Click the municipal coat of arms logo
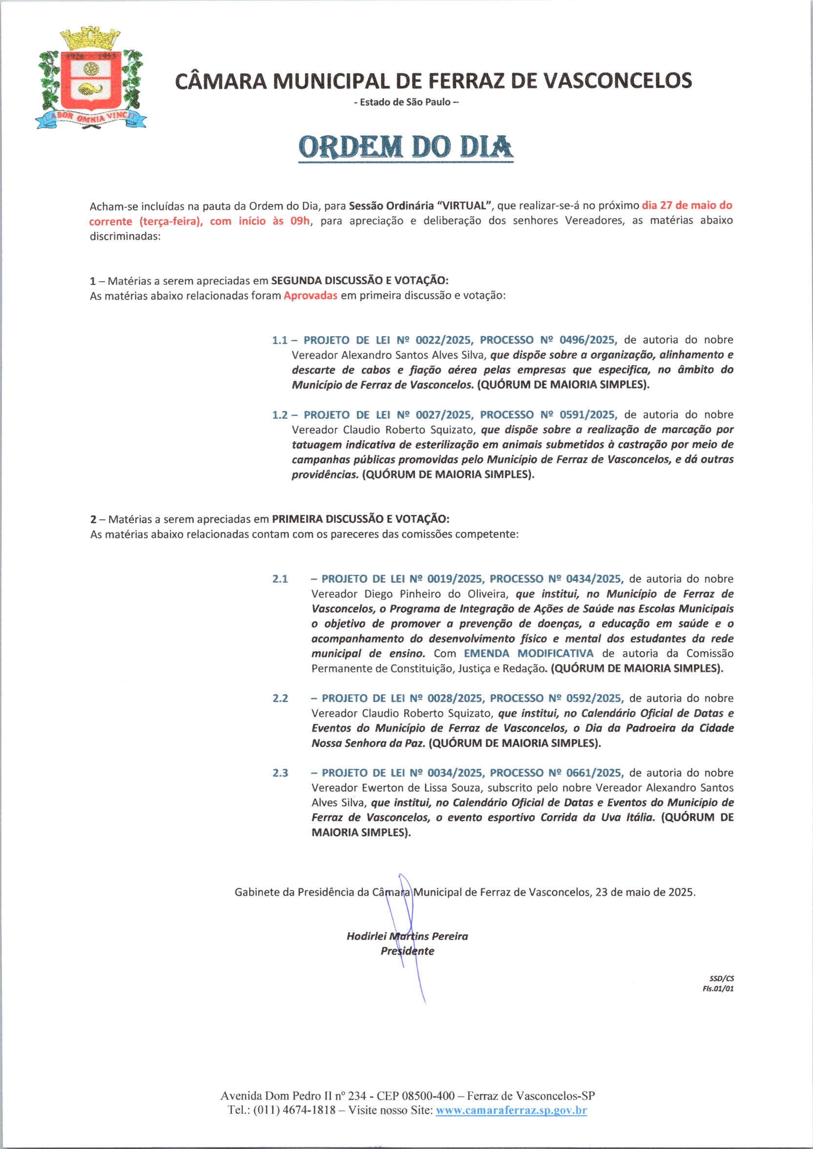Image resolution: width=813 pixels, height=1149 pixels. pos(91,80)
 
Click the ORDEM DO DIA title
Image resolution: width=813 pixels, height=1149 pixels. pos(405,147)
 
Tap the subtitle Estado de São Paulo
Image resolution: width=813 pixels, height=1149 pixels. pos(406,102)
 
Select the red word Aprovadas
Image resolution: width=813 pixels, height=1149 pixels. pos(311,295)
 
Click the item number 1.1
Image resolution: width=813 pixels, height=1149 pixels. pos(279,340)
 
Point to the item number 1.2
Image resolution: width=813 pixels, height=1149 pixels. pos(279,415)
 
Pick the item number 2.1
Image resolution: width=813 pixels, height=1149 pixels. pos(280,579)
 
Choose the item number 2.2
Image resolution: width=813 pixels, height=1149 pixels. pos(280,698)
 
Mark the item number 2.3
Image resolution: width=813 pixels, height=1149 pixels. pos(280,773)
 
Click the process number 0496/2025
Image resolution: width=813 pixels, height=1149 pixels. pos(588,340)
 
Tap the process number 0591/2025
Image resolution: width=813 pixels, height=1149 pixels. pos(588,415)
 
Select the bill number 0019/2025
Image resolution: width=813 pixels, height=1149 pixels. pos(455,579)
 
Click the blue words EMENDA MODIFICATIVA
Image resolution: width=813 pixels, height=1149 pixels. pos(528,654)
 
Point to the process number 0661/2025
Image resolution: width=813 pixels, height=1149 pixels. pos(594,773)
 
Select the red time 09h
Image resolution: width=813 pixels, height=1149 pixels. pos(300,221)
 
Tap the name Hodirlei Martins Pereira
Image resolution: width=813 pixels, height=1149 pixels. pos(407,936)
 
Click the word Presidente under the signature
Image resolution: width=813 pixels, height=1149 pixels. pos(407,951)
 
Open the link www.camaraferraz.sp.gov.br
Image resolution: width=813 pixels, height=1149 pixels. pos(511,1110)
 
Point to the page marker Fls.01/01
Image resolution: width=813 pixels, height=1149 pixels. pos(718,988)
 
